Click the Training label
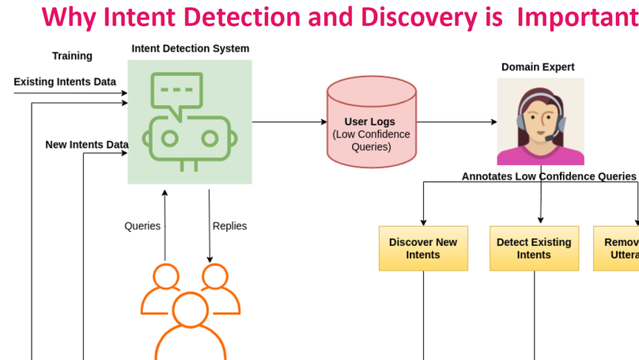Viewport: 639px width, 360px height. (72, 56)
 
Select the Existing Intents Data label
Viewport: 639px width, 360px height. (65, 81)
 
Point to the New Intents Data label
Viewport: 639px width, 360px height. (86, 145)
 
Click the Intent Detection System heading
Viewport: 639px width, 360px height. (190, 49)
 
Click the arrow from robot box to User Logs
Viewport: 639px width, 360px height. (289, 122)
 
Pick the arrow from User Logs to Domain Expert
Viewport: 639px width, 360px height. (457, 122)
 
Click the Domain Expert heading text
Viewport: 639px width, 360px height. (538, 67)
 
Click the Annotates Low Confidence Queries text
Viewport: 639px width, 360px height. (549, 176)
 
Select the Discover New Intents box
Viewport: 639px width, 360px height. (423, 248)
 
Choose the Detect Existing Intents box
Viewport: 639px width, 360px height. (534, 248)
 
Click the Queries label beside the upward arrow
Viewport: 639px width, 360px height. (142, 226)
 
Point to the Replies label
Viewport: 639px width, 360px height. (229, 226)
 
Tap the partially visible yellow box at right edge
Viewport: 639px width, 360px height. (617, 248)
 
